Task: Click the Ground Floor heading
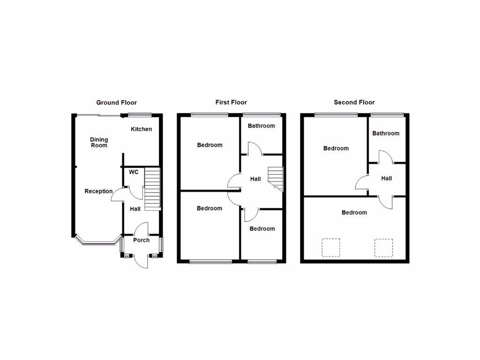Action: [x=116, y=102]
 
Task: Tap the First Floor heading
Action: [x=231, y=102]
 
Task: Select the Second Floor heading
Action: [x=354, y=102]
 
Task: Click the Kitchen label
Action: [x=141, y=129]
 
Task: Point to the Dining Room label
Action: [x=99, y=142]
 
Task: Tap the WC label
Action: [x=134, y=172]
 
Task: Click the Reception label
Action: [x=98, y=191]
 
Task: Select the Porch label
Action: [x=141, y=240]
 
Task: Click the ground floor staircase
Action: [x=152, y=190]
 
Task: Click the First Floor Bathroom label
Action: [x=261, y=126]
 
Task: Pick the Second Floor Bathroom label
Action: [x=386, y=133]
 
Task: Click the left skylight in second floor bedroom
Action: [x=330, y=247]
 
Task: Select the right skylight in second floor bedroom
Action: [x=383, y=247]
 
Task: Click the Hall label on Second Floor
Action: [x=386, y=178]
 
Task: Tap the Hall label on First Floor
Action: [x=255, y=179]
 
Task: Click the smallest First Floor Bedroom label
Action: [x=262, y=229]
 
